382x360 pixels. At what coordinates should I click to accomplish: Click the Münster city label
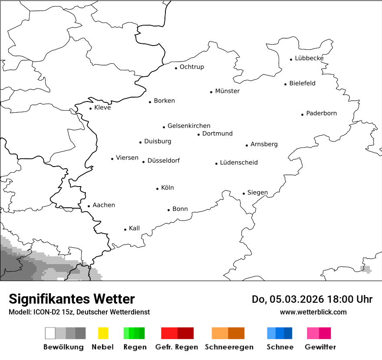coord(227,91)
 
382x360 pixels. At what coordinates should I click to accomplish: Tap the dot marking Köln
coord(158,189)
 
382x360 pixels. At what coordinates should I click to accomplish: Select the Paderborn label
coord(321,113)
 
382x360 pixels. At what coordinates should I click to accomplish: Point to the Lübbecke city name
coord(309,58)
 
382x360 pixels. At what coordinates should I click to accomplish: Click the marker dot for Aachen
coord(89,206)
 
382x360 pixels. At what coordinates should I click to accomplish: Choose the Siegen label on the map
coord(257,193)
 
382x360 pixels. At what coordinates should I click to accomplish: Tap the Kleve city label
coord(102,108)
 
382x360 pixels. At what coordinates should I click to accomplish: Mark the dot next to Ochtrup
coord(176,68)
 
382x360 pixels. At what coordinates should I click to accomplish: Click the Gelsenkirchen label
coord(189,126)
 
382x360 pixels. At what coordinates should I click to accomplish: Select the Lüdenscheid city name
coord(239,163)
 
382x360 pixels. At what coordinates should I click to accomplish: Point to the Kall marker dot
coord(125,229)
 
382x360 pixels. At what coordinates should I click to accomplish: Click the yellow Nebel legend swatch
coord(103,333)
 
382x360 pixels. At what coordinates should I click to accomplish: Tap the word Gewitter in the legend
coord(320,347)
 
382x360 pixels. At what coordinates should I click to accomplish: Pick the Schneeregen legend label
coord(229,347)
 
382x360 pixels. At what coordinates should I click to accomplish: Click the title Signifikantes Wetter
coord(72,299)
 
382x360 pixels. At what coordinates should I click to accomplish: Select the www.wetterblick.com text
coord(313,312)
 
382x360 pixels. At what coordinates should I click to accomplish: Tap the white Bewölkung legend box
coord(50,333)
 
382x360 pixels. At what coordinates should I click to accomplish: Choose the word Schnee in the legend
coord(280,347)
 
